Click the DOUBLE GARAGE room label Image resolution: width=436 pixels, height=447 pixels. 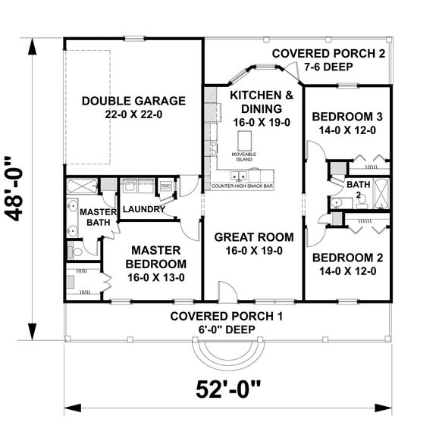point(133,100)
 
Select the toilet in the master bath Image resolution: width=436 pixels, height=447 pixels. point(78,251)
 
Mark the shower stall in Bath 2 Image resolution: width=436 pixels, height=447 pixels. point(381,191)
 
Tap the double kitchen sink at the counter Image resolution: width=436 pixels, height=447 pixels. point(243,176)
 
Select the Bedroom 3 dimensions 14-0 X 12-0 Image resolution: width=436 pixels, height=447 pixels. point(347,130)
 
